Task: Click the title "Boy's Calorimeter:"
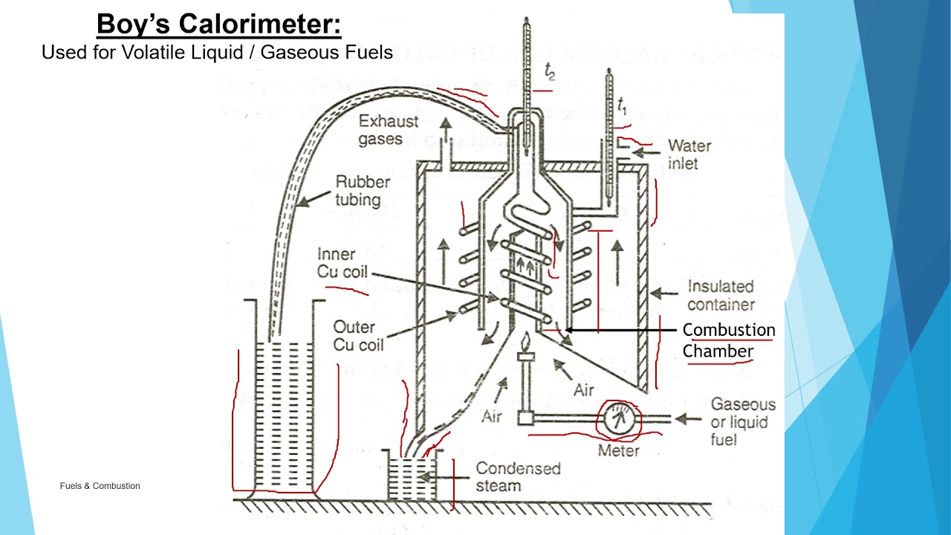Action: point(219,25)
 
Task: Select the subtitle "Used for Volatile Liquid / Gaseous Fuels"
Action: point(217,53)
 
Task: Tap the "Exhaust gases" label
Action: point(389,130)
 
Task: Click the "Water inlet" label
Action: point(689,154)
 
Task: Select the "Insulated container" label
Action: point(720,295)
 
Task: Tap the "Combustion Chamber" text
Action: point(728,340)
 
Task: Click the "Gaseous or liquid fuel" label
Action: point(742,422)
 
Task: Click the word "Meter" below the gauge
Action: point(619,450)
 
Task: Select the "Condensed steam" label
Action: point(518,477)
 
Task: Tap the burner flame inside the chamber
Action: point(527,344)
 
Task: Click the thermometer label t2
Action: point(550,73)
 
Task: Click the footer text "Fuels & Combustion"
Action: point(100,486)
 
